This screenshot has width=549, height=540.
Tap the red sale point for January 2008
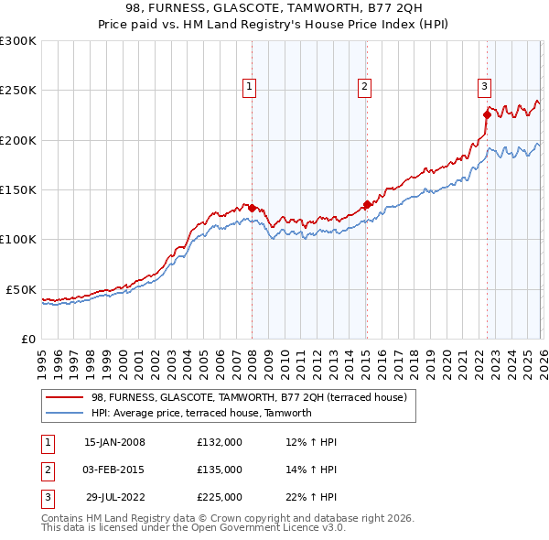coord(253,208)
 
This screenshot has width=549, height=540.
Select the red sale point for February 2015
coord(366,205)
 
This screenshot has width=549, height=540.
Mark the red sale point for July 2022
coord(487,115)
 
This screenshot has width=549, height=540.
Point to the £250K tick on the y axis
coord(18,91)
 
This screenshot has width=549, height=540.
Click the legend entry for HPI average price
coord(201,413)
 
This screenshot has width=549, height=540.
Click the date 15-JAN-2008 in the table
coord(114,442)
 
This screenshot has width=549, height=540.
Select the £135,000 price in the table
coord(219,470)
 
